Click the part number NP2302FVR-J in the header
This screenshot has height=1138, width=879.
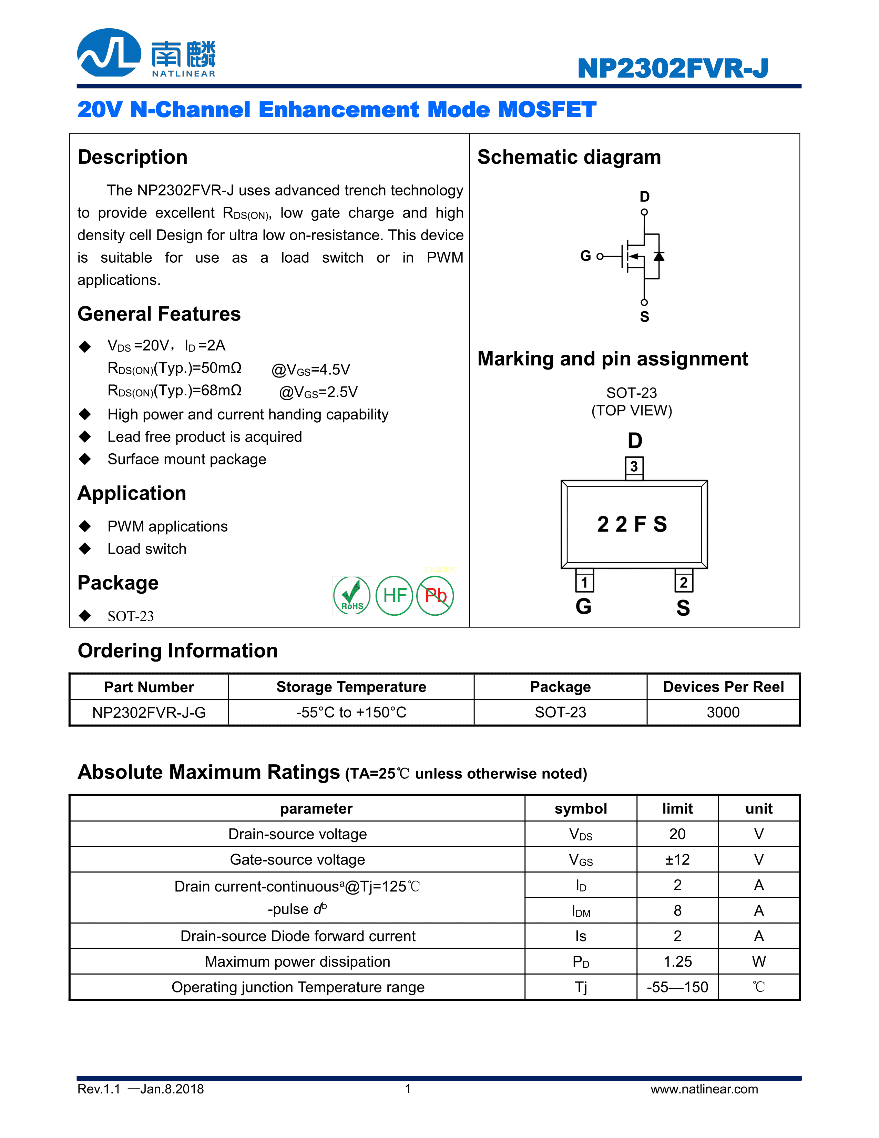(673, 68)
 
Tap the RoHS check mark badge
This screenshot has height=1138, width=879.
(352, 596)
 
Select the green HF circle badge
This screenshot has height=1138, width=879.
(394, 596)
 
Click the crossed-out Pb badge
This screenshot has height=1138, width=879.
(435, 596)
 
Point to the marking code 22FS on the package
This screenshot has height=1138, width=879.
(632, 524)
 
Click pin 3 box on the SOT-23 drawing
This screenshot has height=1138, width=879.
(634, 466)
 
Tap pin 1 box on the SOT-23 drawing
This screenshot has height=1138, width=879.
(584, 582)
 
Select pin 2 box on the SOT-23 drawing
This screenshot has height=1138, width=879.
(683, 582)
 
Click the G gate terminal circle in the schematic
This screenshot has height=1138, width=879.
(600, 256)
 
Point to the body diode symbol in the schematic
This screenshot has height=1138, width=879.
(659, 256)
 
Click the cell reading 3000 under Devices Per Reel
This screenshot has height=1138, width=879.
(723, 712)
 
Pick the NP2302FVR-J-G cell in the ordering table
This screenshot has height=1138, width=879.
(149, 712)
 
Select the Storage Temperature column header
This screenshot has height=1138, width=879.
(351, 687)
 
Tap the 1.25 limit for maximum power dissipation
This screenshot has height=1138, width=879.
(677, 962)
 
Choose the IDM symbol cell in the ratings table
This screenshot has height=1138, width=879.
(581, 911)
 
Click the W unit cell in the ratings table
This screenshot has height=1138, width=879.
(759, 962)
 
